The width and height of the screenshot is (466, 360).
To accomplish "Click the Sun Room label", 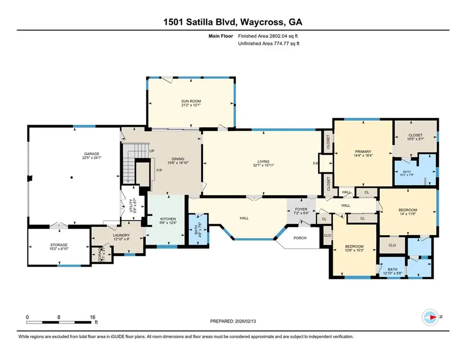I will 190,101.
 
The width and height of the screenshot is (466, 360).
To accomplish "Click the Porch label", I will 300,238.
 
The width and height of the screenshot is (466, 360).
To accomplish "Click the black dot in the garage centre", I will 71,178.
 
